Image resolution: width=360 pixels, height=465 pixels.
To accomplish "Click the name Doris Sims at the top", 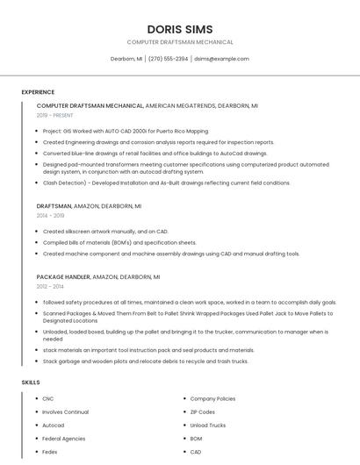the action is coord(180,29).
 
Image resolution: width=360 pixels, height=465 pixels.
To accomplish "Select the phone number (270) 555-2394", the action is coord(168,59).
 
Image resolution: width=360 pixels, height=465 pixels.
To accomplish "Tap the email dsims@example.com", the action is coord(221,59).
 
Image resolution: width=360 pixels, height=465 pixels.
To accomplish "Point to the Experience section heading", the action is coord(38,92).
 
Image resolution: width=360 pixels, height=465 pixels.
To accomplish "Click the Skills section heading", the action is coord(31,383).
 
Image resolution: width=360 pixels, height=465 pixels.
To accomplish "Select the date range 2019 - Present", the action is coord(54,115).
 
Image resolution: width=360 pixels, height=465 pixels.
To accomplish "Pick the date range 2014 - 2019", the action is coord(50,215).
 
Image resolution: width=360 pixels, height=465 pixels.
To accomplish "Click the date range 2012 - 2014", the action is coord(50,286).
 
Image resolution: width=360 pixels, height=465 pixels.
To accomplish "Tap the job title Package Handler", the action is coord(63,276).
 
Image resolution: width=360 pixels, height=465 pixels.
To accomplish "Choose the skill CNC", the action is coord(48,398).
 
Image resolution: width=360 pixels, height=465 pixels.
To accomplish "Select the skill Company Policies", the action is coord(212,398).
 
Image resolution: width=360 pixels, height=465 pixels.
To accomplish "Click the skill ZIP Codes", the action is coord(203,411).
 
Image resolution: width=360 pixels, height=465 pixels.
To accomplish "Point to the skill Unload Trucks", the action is coord(208,425).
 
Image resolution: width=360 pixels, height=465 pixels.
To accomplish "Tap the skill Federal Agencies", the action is coord(64,438).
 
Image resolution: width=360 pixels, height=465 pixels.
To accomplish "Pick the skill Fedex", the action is coord(50,451).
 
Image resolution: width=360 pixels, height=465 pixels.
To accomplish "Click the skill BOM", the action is coord(196,438).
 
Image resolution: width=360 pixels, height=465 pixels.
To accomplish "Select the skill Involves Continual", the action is coord(66,411).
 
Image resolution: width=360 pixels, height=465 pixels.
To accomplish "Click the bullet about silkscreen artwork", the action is coord(105,232).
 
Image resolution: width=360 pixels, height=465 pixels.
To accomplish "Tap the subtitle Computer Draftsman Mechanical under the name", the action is coord(180,42).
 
